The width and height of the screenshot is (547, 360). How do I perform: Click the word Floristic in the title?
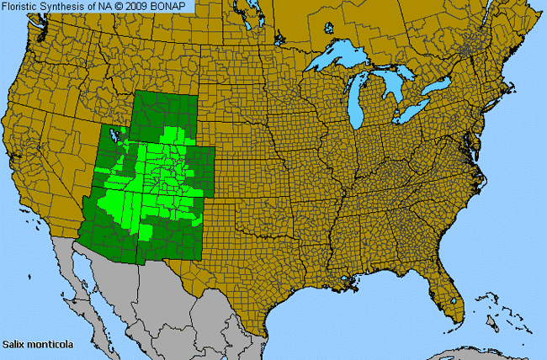click(22, 7)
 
